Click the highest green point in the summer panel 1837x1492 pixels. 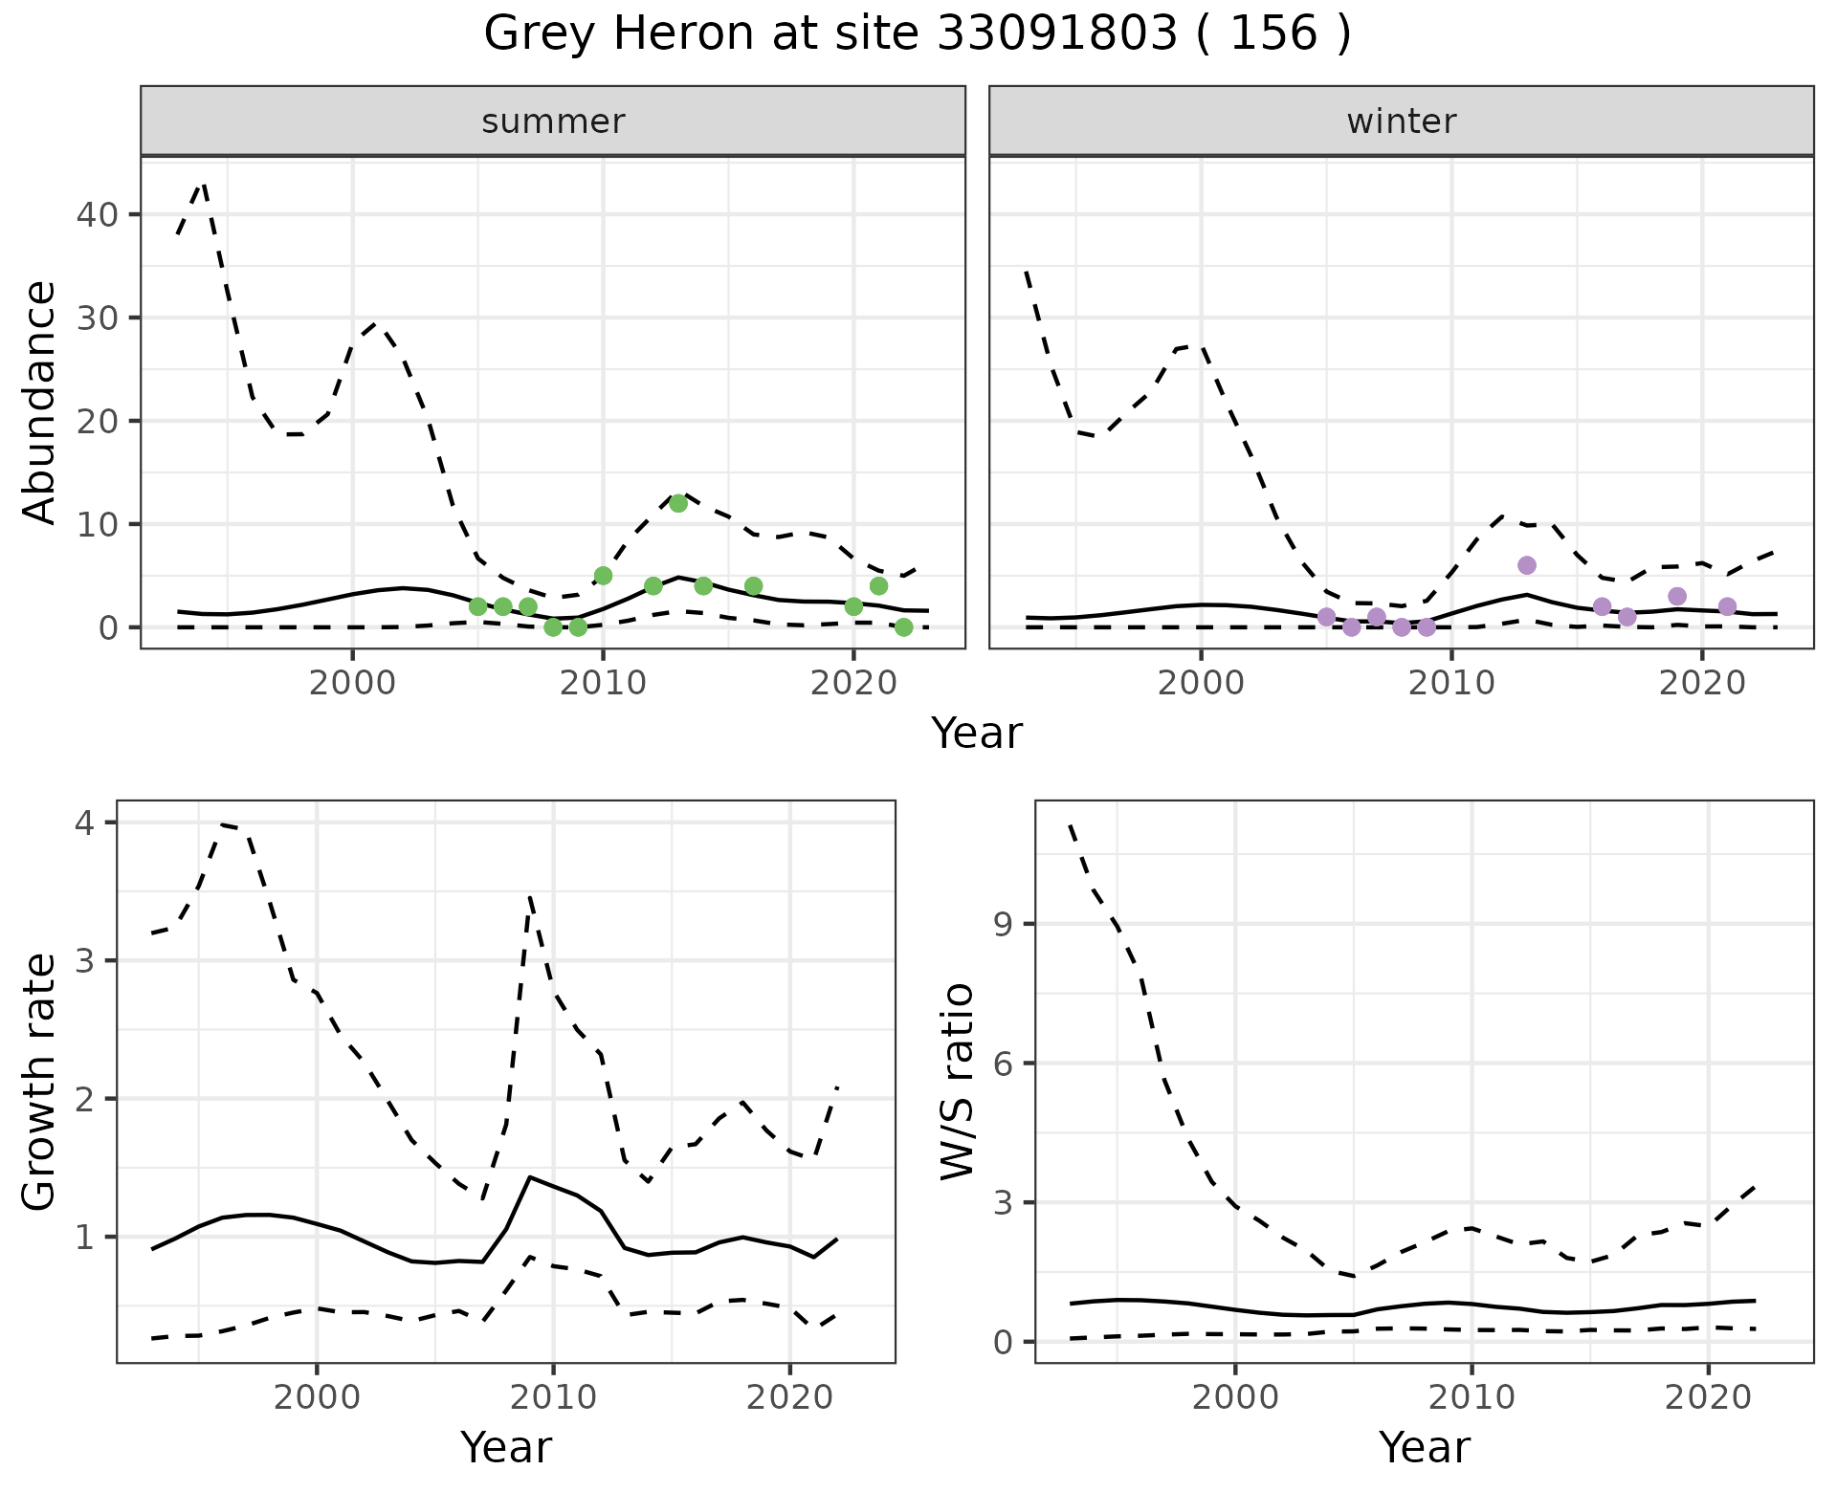(x=678, y=504)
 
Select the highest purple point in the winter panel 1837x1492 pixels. (x=1527, y=565)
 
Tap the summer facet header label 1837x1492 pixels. (x=553, y=121)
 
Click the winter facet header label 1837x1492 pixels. (x=1402, y=121)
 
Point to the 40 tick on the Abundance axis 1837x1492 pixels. (x=97, y=214)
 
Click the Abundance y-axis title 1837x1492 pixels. (x=40, y=403)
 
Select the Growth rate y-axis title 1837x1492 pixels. (x=40, y=1083)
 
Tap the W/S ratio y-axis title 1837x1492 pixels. (x=958, y=1082)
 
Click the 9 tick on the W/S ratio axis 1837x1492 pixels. (x=1003, y=924)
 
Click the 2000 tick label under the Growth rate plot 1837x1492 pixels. (x=317, y=1397)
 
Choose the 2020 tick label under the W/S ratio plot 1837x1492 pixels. (x=1709, y=1397)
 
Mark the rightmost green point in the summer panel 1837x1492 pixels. (x=904, y=627)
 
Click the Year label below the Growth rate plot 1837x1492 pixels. (x=506, y=1448)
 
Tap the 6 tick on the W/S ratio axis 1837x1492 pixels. (x=1003, y=1064)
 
